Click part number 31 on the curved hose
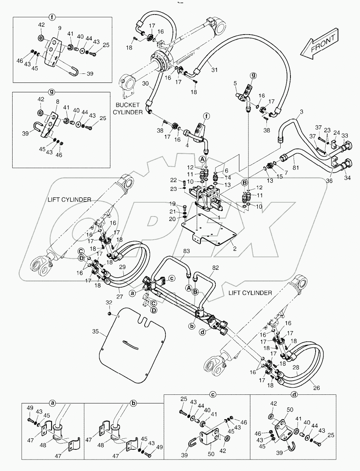click(x=214, y=70)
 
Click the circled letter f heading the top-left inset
click(x=51, y=17)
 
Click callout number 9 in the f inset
click(x=60, y=28)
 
